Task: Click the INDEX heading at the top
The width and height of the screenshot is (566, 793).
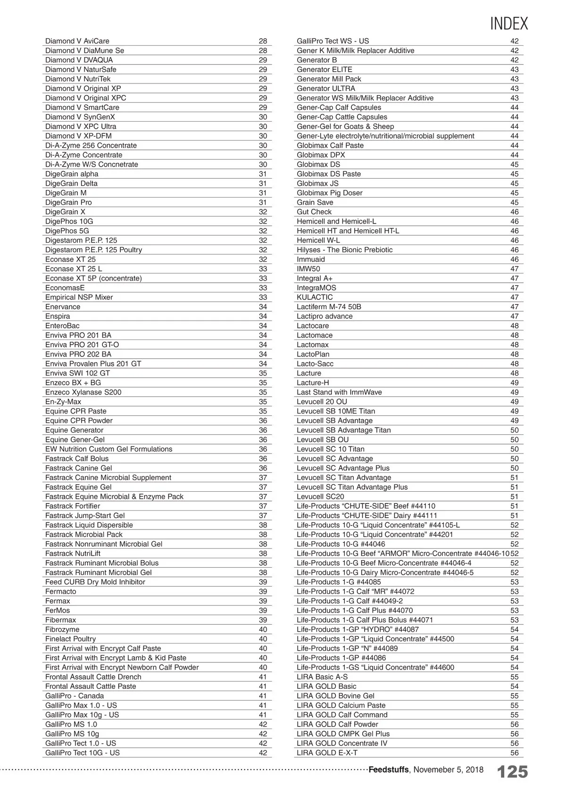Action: (508, 24)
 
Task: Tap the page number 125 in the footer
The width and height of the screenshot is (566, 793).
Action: (512, 772)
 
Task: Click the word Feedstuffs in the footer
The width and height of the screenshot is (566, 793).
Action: (388, 769)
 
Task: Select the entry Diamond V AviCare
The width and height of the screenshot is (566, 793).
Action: (77, 41)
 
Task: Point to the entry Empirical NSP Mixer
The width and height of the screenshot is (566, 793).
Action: (79, 297)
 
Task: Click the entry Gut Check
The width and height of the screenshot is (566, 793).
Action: (314, 212)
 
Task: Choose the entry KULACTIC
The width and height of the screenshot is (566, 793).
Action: (315, 297)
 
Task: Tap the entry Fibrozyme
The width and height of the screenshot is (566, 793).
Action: (62, 629)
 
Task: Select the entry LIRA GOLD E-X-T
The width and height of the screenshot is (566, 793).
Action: (327, 752)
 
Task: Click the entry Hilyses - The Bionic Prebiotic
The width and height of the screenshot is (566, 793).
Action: (344, 250)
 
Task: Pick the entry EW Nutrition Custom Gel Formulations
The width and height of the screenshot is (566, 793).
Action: (108, 449)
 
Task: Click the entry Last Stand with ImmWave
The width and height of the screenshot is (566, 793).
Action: (339, 392)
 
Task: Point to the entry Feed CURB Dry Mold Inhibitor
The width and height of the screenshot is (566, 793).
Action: (95, 582)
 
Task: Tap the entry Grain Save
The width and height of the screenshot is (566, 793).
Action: (315, 202)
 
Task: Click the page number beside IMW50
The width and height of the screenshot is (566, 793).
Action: (514, 269)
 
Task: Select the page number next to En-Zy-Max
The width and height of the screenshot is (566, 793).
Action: (263, 402)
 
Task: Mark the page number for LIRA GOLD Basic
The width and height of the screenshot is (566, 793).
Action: (514, 686)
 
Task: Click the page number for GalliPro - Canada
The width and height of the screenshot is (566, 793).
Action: (263, 696)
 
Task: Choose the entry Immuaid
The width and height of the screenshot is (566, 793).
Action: (310, 259)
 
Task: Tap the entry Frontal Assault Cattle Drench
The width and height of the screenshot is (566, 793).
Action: (93, 677)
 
